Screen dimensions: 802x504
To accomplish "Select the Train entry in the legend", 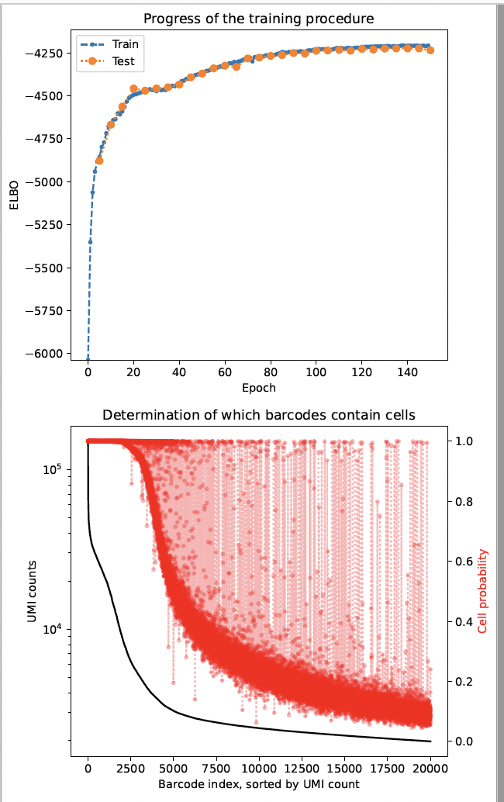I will click(125, 44).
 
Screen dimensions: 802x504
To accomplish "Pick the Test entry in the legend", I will click(123, 61).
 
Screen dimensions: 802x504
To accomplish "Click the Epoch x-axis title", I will click(258, 388).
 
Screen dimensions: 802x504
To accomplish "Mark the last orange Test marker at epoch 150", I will click(430, 50).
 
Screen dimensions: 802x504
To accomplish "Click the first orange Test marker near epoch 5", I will click(98, 161).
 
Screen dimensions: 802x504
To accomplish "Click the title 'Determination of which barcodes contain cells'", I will click(258, 415).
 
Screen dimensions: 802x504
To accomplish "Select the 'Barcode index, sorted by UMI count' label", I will click(258, 784).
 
